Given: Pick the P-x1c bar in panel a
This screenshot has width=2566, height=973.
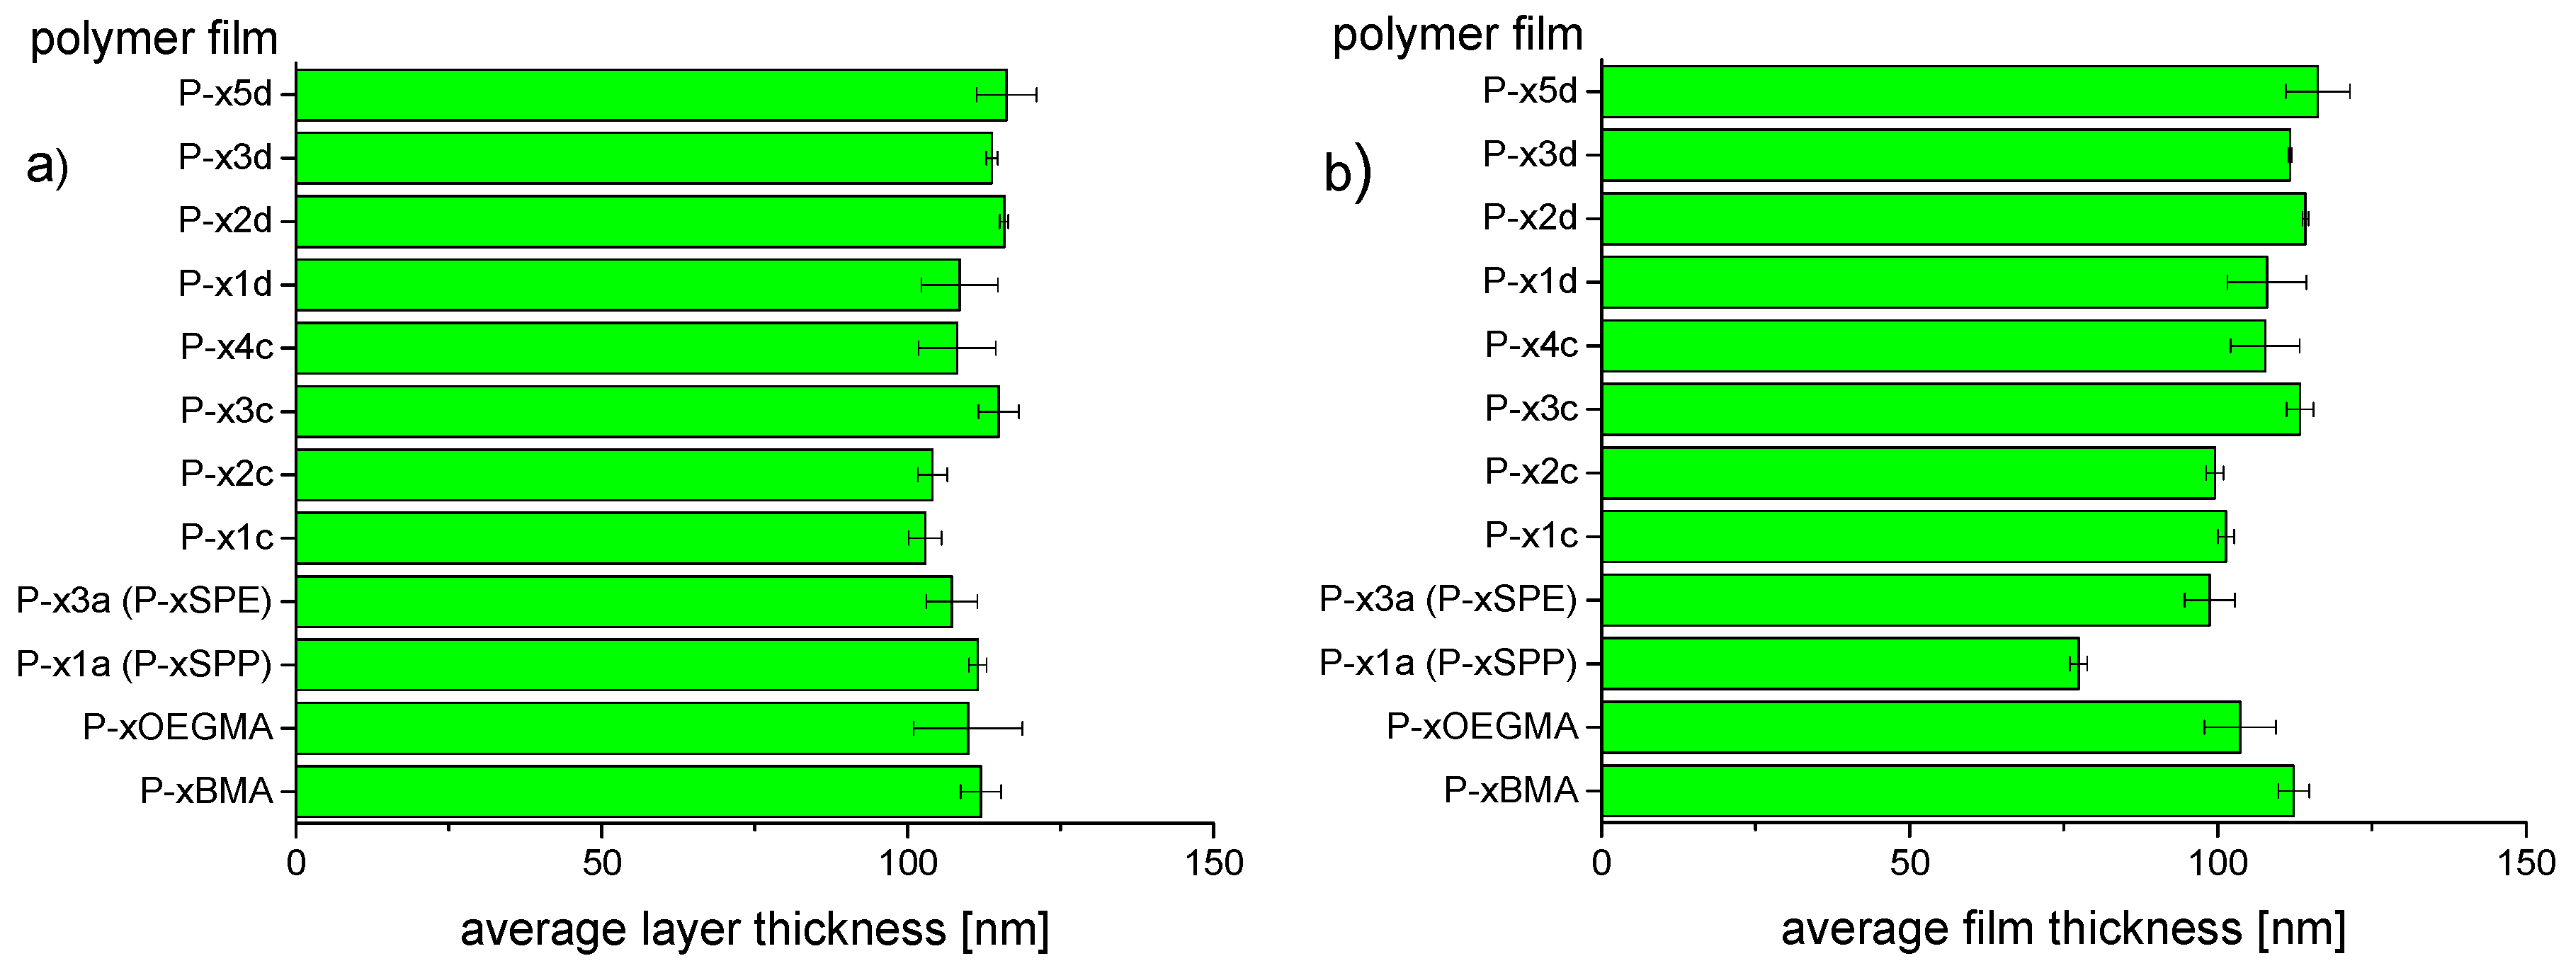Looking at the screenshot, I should coord(610,537).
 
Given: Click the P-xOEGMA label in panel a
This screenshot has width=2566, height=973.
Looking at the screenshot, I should coord(177,727).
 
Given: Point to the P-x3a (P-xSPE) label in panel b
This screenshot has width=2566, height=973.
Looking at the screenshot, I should coord(1448,598).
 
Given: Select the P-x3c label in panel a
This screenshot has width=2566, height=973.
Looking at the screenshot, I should coord(226,410).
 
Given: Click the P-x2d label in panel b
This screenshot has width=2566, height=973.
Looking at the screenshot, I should coord(1529,217).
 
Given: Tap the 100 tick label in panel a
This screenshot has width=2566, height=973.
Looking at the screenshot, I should coord(907,863).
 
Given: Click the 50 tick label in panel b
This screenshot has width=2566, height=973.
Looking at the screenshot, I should coord(1909,863).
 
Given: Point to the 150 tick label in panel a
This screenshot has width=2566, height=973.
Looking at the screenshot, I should coord(1213,863).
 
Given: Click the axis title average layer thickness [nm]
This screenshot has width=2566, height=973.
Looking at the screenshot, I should coord(754,929).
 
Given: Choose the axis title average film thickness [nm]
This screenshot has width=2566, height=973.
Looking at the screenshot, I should coord(2063,929).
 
